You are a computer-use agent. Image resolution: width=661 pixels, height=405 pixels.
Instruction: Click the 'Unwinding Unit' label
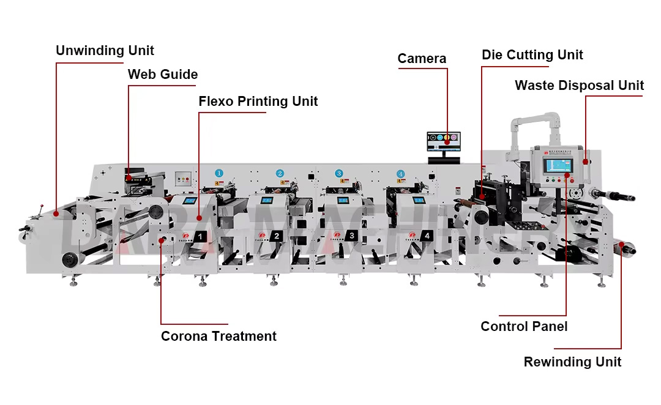coord(105,51)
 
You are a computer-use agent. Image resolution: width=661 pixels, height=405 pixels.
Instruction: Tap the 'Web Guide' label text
coord(162,75)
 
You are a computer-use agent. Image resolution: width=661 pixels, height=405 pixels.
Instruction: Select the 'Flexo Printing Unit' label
coord(258,102)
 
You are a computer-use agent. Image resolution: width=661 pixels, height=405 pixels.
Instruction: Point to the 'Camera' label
coord(422,59)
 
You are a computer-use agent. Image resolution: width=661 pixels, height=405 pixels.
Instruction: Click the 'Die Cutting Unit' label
coord(532,55)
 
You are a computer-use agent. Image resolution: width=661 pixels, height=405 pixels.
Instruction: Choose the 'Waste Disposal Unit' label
coord(579,86)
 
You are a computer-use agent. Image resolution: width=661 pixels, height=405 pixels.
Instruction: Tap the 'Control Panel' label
coord(524,327)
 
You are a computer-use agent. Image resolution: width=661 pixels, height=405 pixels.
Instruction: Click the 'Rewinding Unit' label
coord(572,362)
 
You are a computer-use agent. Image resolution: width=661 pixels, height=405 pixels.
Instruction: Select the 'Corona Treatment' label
coord(218,336)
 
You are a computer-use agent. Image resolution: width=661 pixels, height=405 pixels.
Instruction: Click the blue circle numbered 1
coord(218,173)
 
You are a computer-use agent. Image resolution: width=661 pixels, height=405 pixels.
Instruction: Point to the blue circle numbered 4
coord(400,174)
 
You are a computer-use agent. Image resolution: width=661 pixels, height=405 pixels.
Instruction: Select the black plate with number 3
coord(351,236)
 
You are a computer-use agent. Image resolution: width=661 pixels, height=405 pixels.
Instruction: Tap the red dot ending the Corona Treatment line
coord(162,240)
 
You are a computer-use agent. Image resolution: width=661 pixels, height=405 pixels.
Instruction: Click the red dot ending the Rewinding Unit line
coord(622,245)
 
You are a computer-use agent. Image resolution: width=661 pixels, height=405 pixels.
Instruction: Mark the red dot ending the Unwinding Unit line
coord(56,214)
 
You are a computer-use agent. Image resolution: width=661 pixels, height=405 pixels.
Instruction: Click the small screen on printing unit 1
coord(190,201)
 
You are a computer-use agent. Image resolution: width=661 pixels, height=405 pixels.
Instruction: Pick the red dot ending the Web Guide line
coord(129,178)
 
